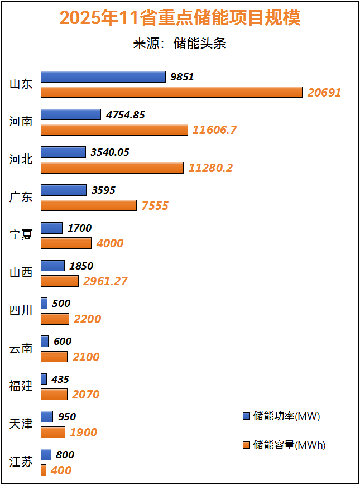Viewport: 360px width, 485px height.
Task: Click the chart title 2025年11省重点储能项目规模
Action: pyautogui.click(x=180, y=18)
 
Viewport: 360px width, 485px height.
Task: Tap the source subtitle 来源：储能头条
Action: pyautogui.click(x=180, y=44)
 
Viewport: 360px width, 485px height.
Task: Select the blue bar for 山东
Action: pyautogui.click(x=103, y=77)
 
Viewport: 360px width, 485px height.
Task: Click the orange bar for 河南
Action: pyautogui.click(x=114, y=130)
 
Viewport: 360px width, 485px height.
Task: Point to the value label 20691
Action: pyautogui.click(x=324, y=93)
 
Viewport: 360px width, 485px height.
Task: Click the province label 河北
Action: pyautogui.click(x=21, y=160)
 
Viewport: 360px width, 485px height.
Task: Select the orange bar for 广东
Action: pyautogui.click(x=89, y=206)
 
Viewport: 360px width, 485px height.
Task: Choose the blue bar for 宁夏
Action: pyautogui.click(x=52, y=228)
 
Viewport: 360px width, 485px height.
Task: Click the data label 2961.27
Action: pyautogui.click(x=105, y=281)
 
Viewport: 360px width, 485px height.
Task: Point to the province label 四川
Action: pyautogui.click(x=21, y=311)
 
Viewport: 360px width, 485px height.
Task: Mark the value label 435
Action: pyautogui.click(x=60, y=380)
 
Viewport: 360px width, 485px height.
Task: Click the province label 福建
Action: pyautogui.click(x=21, y=386)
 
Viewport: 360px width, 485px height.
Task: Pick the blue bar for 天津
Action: pyautogui.click(x=47, y=417)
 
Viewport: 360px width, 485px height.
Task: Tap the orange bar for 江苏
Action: pyautogui.click(x=44, y=470)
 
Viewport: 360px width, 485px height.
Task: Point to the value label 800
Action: pyautogui.click(x=65, y=455)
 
